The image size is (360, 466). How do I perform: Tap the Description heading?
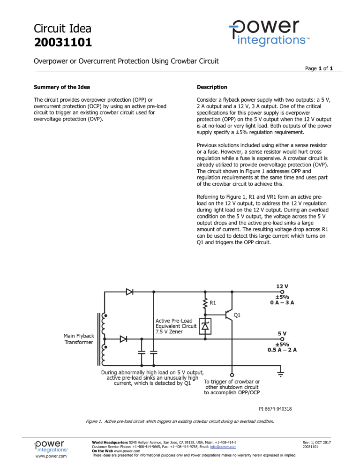212,87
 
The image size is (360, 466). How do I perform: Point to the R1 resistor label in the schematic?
213,302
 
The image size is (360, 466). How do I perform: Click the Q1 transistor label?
238,315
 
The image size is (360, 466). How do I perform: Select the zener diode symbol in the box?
205,326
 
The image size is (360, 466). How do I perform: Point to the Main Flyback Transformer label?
78,339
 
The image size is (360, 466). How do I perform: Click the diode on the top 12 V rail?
130,292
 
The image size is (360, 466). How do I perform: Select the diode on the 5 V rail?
124,339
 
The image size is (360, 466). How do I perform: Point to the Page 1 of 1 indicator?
318,68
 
